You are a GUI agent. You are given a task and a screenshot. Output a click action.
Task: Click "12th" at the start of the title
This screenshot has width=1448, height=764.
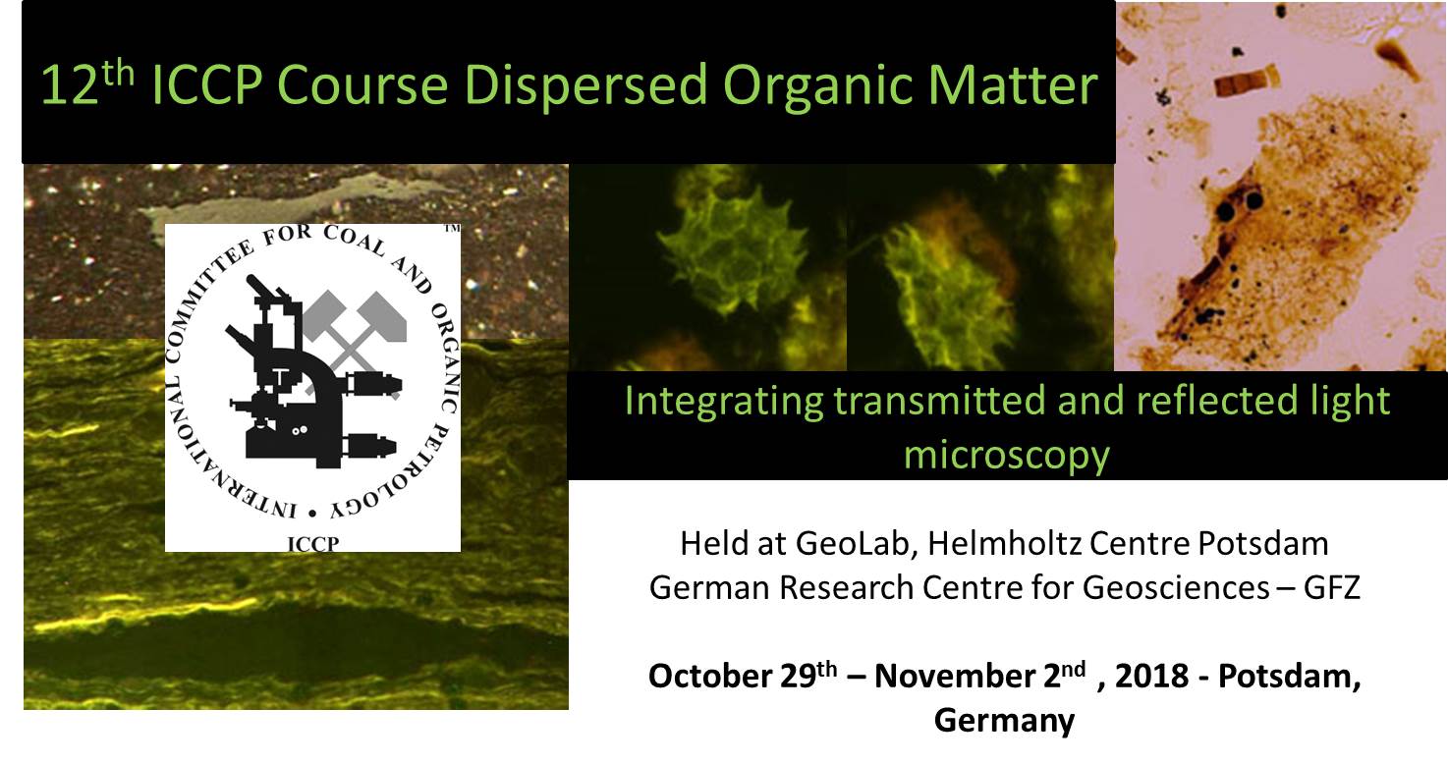(x=87, y=82)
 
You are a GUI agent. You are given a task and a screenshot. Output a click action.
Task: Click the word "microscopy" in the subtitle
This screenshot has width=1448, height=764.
(x=1007, y=456)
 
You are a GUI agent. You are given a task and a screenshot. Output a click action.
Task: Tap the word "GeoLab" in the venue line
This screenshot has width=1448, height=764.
(x=857, y=543)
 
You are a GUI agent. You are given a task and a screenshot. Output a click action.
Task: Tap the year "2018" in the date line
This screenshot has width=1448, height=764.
(x=1152, y=676)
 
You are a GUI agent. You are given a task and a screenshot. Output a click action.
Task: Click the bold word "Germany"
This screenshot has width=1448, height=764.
(x=1005, y=721)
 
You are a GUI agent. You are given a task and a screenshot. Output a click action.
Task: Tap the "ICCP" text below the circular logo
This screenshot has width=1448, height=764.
(x=312, y=544)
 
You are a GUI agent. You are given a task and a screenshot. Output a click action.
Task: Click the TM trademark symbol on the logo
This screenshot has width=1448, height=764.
(x=452, y=228)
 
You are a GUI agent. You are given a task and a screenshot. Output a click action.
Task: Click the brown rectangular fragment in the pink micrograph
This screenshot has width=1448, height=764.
(x=1247, y=82)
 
